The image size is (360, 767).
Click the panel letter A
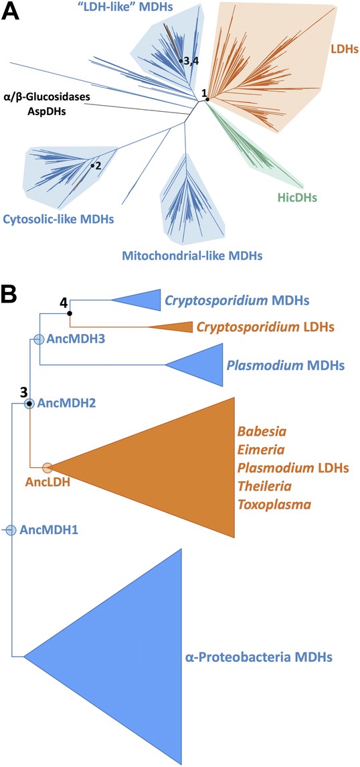(x=10, y=11)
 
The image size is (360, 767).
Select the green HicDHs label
(x=296, y=197)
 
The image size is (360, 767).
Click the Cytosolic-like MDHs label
(x=58, y=219)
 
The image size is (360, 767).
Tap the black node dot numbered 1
(x=207, y=100)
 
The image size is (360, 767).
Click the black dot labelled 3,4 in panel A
(x=181, y=61)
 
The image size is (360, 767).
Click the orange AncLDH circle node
(x=48, y=468)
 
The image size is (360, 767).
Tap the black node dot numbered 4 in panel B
(x=70, y=313)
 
